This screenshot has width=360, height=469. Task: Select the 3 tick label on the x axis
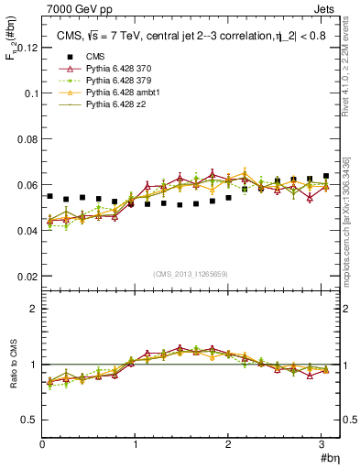point(322,443)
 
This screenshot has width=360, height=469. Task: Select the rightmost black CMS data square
point(325,176)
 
